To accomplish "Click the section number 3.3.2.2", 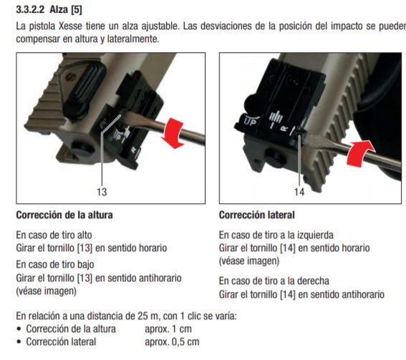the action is [30, 10].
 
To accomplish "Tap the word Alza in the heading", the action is [59, 10].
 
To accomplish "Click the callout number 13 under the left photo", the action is [102, 192].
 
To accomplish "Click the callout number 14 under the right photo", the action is [299, 192].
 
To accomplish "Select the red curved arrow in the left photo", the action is [173, 132].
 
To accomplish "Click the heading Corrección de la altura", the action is [64, 215].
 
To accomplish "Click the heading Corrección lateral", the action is [257, 215].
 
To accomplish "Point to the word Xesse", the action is [70, 26].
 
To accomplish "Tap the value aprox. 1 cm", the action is [168, 329].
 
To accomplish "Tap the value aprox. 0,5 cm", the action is [172, 342].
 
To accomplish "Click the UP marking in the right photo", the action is [251, 122].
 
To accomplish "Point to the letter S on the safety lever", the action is [69, 77].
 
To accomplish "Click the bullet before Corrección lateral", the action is [19, 342].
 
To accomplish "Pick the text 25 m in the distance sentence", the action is [148, 316].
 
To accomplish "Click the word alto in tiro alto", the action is [84, 235].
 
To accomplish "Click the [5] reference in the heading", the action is [77, 10].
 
